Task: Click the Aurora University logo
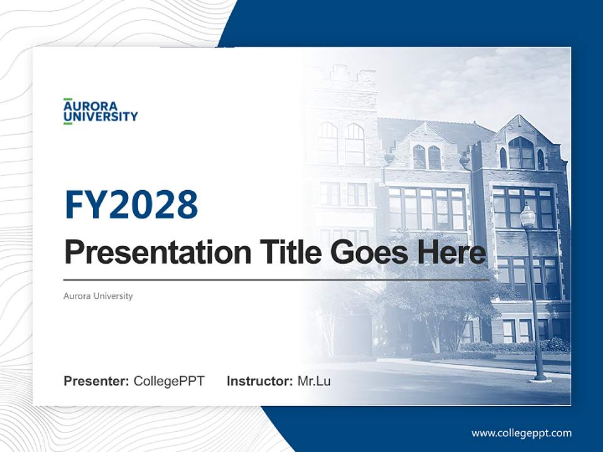click(x=100, y=111)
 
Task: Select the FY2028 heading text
click(x=131, y=205)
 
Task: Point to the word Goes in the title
click(x=368, y=252)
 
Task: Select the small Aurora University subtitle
click(x=98, y=296)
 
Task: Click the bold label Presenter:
click(x=97, y=380)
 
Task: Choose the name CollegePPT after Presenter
click(x=169, y=380)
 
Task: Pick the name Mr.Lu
click(x=313, y=380)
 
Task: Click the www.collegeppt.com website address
click(x=521, y=433)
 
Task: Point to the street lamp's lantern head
click(x=528, y=217)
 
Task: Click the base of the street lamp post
click(x=539, y=377)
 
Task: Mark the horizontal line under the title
click(x=276, y=279)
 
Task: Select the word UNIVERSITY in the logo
click(x=100, y=116)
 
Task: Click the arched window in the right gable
click(x=521, y=153)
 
